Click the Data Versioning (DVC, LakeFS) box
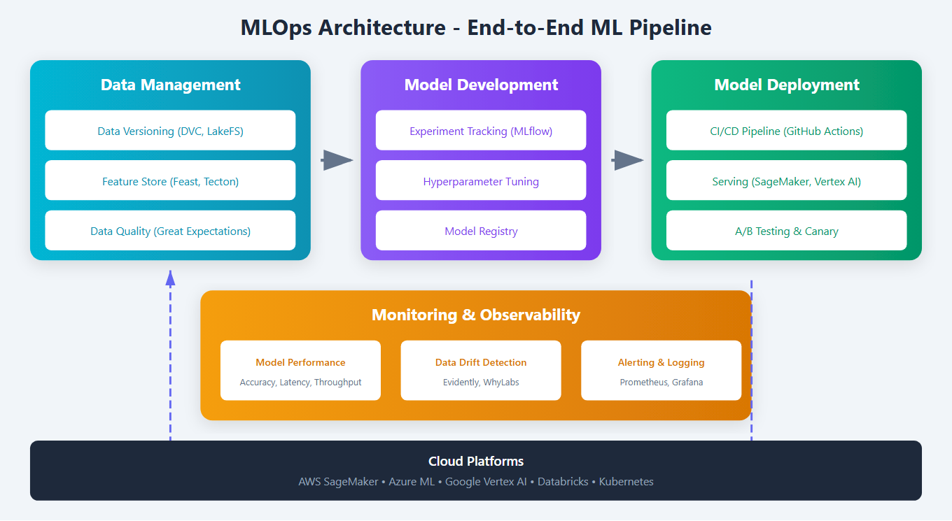pyautogui.click(x=170, y=131)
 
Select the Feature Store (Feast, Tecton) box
pyautogui.click(x=170, y=181)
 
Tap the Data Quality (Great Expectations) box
pyautogui.click(x=170, y=231)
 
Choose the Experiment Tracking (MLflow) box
pyautogui.click(x=481, y=131)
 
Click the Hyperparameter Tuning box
pyautogui.click(x=481, y=181)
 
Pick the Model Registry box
pyautogui.click(x=481, y=231)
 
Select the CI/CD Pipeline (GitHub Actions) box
pyautogui.click(x=786, y=131)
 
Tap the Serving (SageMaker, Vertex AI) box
pyautogui.click(x=786, y=181)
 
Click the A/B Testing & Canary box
pyautogui.click(x=786, y=231)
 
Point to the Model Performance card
pyautogui.click(x=300, y=371)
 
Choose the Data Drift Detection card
pyautogui.click(x=481, y=371)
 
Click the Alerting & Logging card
pyautogui.click(x=661, y=371)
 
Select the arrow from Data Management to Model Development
pyautogui.click(x=337, y=160)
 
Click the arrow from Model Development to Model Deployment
pyautogui.click(x=627, y=160)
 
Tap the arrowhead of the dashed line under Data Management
pyautogui.click(x=170, y=278)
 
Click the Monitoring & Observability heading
pyautogui.click(x=476, y=315)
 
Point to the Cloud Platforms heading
pyautogui.click(x=476, y=462)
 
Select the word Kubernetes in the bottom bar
pyautogui.click(x=626, y=482)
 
